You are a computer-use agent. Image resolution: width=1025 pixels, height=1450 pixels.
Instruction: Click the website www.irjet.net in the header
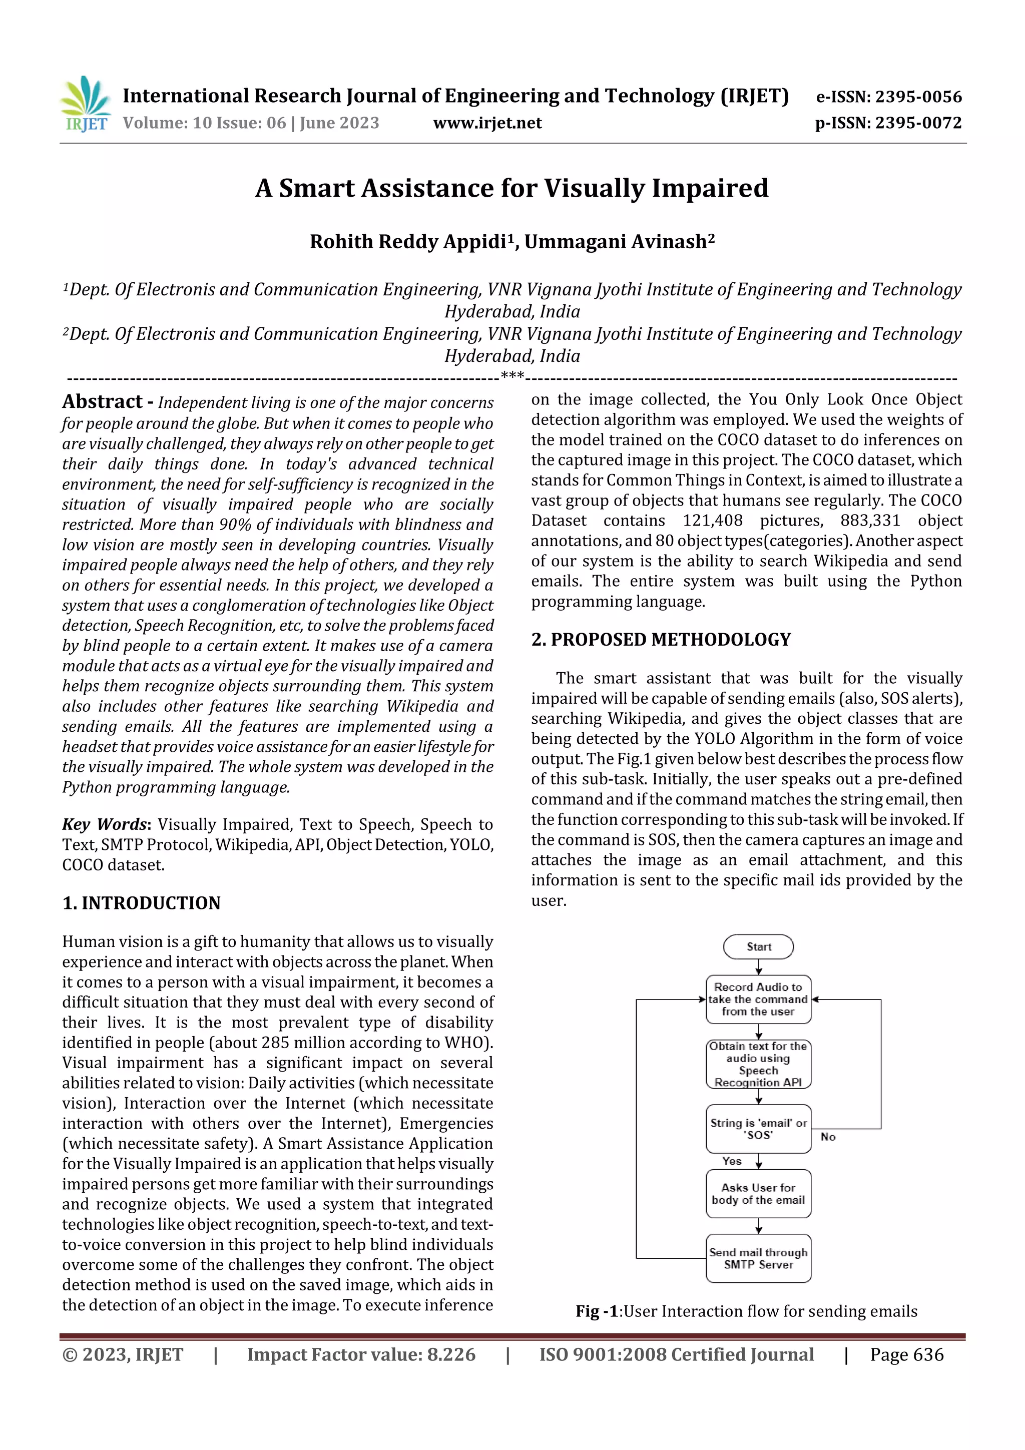point(487,123)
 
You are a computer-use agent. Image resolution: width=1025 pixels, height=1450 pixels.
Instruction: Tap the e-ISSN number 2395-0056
point(917,97)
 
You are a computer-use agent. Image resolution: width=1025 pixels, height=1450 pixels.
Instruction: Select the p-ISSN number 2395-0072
point(917,123)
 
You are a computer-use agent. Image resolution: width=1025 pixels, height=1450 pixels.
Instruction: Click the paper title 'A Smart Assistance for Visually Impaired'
point(511,188)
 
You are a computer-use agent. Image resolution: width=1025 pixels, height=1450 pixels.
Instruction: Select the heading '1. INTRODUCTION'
point(142,903)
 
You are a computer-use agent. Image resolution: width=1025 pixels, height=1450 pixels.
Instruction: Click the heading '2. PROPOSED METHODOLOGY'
point(661,640)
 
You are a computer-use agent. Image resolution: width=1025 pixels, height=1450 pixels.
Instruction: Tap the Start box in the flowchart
point(758,946)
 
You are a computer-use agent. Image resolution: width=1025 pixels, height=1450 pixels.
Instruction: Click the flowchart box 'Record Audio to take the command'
point(758,999)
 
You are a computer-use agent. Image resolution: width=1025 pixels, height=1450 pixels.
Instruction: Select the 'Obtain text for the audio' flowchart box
point(758,1064)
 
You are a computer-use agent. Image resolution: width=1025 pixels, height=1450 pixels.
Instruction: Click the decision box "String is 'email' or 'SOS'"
point(758,1129)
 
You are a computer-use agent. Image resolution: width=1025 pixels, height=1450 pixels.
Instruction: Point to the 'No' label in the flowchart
point(828,1137)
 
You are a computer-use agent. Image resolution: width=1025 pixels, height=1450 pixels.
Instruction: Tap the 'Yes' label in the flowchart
point(731,1161)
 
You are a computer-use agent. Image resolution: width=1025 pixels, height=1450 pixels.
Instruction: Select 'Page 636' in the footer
point(906,1354)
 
